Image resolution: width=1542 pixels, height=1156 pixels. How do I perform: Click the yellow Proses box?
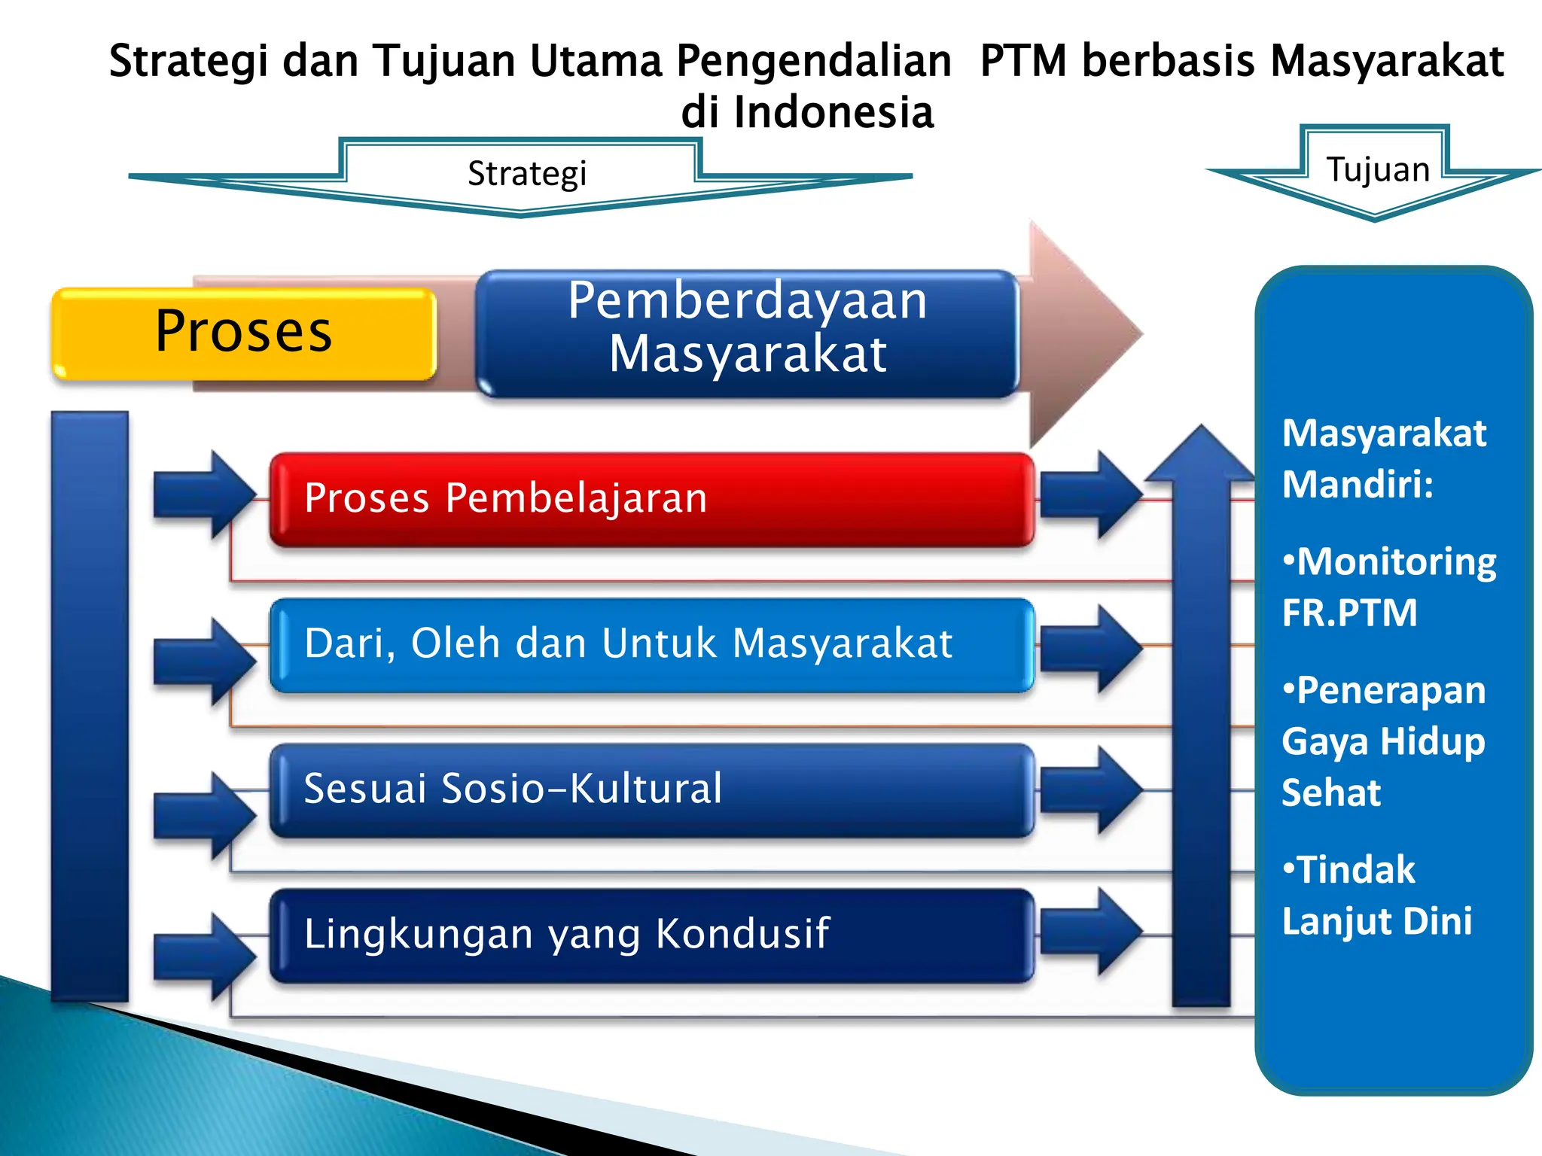coord(243,333)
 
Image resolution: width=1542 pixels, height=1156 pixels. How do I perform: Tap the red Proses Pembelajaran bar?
coord(652,498)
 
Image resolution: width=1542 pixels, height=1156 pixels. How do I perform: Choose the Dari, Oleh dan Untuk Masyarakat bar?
coord(652,644)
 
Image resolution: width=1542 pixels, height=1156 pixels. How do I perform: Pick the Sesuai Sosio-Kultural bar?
coord(652,789)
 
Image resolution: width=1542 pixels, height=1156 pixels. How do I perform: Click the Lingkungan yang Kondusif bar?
coord(652,935)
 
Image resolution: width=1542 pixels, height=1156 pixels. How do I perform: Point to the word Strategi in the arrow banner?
coord(526,174)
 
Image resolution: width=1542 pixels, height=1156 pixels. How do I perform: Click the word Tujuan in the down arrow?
coord(1377,169)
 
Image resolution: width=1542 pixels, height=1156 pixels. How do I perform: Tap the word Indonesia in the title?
coord(833,113)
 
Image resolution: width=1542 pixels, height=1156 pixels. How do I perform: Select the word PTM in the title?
coord(1023,61)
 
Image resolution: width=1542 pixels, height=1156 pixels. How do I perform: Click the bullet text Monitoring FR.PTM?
coord(1388,587)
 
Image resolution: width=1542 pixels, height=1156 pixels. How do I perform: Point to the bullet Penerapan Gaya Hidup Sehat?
coord(1383,741)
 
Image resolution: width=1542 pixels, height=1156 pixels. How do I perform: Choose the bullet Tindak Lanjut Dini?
coord(1376,896)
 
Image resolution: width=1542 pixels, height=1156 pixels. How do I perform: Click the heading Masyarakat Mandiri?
coord(1383,458)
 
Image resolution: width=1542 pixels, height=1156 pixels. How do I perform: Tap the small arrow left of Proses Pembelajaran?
coord(204,494)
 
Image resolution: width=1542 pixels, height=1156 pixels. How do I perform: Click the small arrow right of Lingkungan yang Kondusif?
coord(1090,931)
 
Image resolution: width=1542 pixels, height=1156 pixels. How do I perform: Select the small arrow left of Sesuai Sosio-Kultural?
coord(204,815)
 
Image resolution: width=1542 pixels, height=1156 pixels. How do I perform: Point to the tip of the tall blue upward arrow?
coord(1202,433)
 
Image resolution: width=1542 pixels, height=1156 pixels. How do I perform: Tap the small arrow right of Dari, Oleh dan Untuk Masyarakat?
coord(1090,648)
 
